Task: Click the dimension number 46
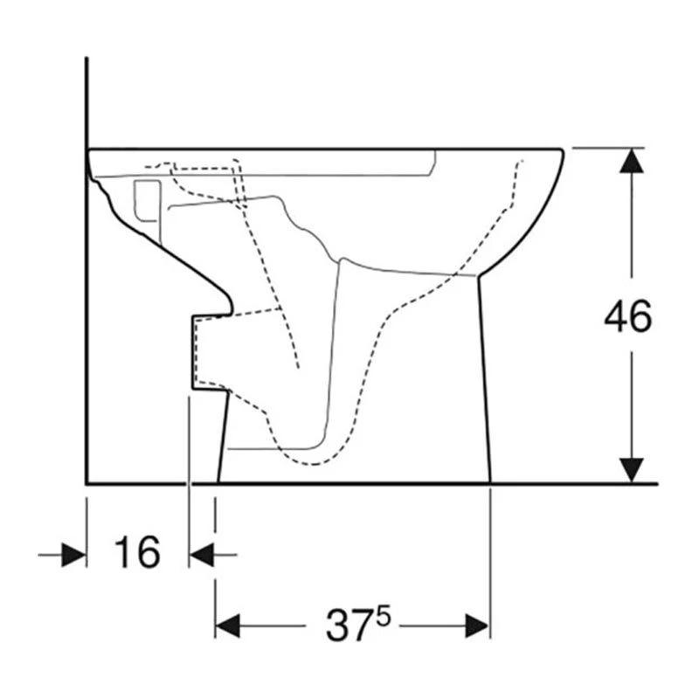[627, 316]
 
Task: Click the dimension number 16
[137, 552]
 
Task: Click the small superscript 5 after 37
[384, 618]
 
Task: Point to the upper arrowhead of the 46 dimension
[631, 161]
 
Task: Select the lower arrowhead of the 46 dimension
[631, 470]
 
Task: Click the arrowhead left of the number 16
[73, 555]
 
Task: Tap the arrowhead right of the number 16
[202, 555]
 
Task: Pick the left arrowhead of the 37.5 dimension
[227, 626]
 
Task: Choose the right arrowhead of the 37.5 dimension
[477, 626]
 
